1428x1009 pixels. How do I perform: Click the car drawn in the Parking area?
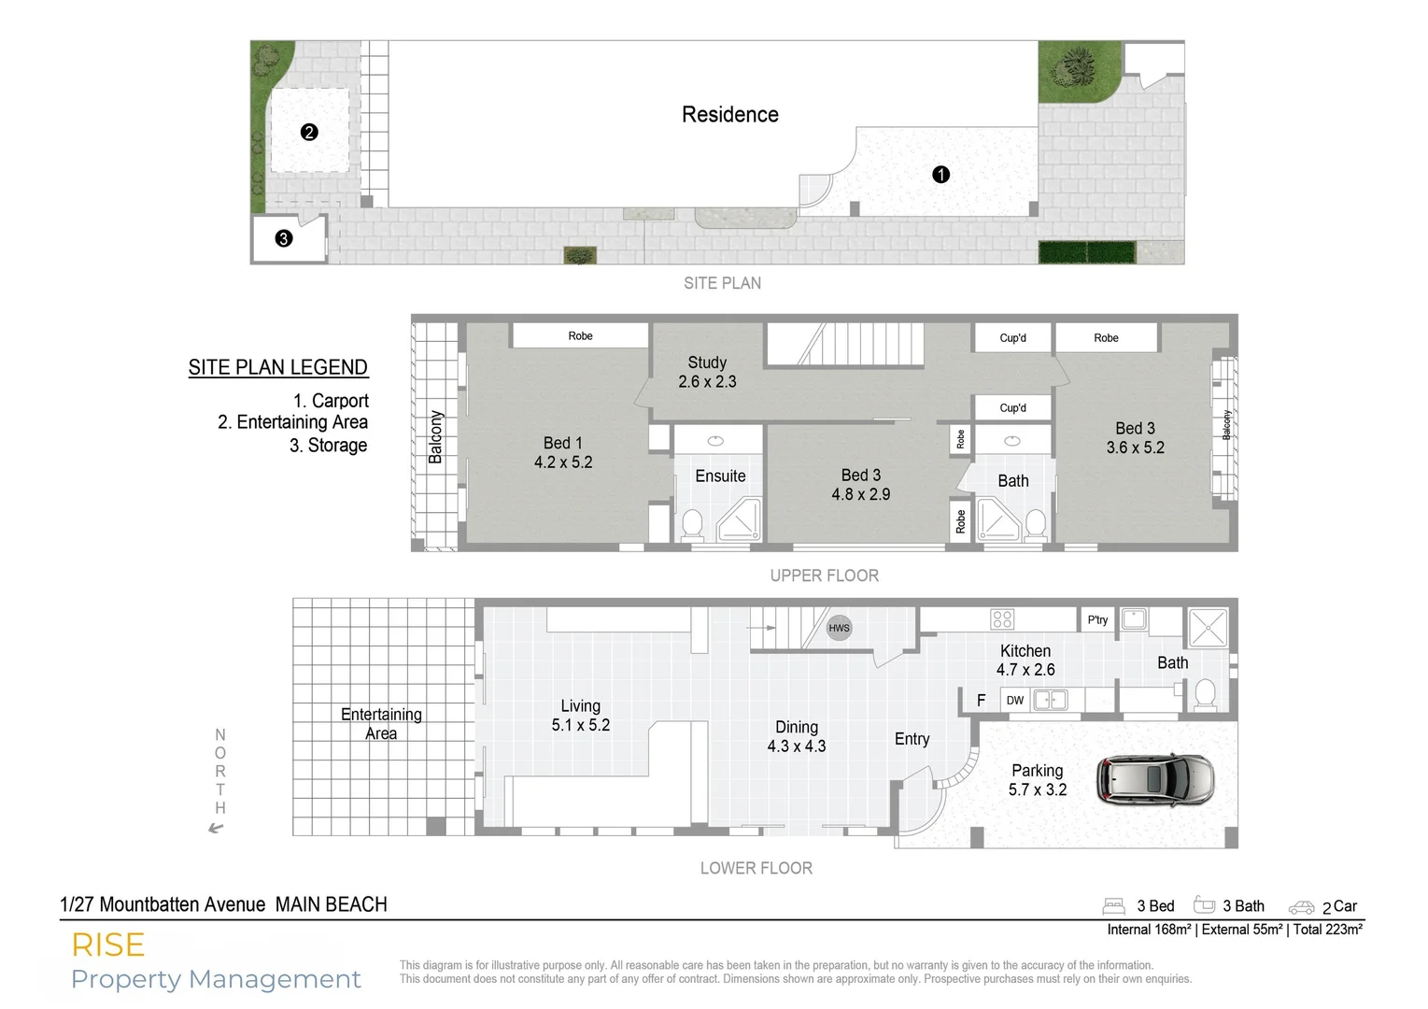1156,779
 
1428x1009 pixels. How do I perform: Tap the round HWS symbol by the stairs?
839,628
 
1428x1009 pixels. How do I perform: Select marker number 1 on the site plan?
940,175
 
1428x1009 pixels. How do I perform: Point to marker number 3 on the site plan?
284,238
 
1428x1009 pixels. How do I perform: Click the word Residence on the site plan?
729,115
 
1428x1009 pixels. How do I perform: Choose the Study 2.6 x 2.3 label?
707,372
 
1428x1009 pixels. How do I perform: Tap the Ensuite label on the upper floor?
720,476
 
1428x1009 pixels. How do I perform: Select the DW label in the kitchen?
1015,700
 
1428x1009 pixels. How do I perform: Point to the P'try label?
1097,619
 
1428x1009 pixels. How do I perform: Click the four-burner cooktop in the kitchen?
1002,619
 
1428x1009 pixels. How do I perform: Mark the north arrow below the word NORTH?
217,827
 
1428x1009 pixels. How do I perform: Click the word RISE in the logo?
108,945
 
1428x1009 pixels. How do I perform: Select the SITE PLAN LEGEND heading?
278,367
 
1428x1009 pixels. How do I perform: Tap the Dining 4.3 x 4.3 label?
797,736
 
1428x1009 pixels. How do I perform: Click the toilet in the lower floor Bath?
1205,694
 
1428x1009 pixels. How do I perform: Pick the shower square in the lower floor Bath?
1207,627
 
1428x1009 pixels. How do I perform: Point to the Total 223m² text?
1327,930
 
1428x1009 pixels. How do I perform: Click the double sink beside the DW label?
1051,700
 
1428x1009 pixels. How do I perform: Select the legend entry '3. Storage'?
328,446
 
